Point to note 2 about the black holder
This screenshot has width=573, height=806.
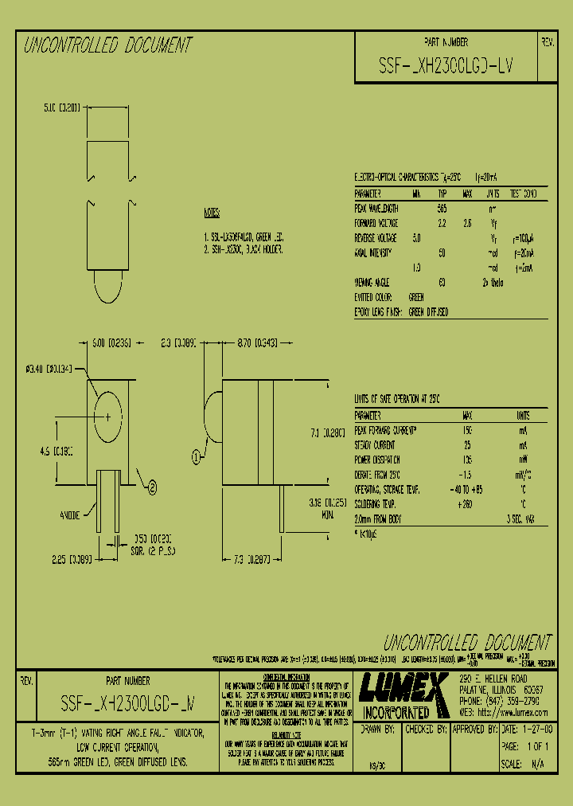243,249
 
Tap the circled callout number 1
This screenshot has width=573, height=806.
196,456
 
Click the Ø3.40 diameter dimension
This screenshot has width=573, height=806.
49,368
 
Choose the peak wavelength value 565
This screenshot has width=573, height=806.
442,208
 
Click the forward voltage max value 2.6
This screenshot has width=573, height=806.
467,223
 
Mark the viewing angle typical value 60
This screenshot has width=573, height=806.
442,283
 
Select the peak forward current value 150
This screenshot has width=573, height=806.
467,430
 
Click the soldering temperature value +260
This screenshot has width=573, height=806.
467,504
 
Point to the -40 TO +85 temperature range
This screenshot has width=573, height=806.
467,489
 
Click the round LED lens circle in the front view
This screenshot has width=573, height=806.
107,415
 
